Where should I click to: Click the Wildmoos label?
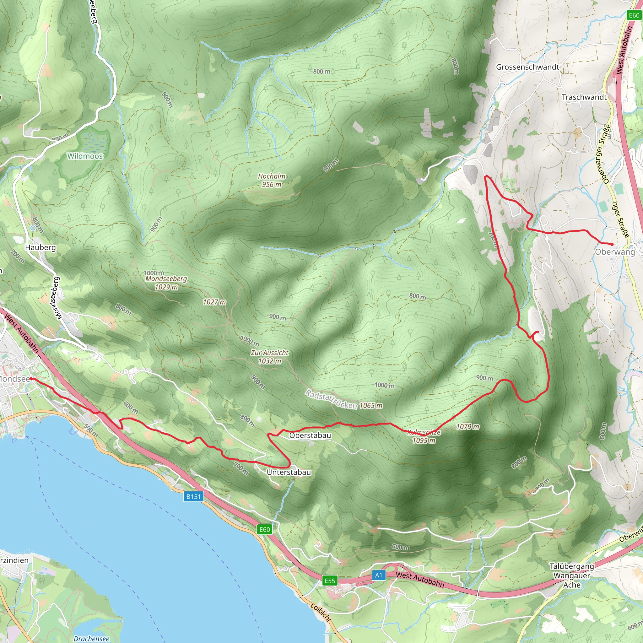point(85,156)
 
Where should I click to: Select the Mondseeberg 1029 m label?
point(166,283)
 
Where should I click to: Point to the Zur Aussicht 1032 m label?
point(270,357)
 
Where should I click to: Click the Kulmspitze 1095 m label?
point(424,436)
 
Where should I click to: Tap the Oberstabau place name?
point(310,435)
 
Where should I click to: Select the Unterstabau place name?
point(289,472)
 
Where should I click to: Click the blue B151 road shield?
point(193,497)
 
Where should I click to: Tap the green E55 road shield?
point(330,581)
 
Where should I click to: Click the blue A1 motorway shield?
point(379,575)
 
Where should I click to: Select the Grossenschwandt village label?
point(527,67)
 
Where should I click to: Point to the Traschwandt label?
point(584,97)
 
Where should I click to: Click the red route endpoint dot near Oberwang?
point(612,244)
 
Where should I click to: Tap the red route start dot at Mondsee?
point(31,379)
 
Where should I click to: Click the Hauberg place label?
point(41,247)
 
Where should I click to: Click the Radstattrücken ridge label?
point(331,399)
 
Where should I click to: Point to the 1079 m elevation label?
point(467,427)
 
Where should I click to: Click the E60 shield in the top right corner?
point(634,15)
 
